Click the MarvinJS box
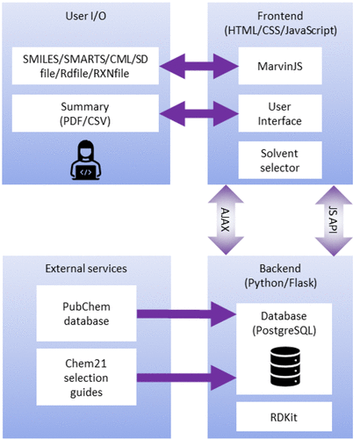coord(280,66)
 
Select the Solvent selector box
coord(280,160)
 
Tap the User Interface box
coord(280,113)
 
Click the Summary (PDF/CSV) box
coord(85,113)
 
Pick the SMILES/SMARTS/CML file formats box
coord(85,66)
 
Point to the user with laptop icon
coord(85,160)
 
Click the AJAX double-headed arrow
coord(226,219)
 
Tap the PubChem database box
coord(86,313)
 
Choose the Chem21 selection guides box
coord(86,377)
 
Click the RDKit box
coord(284,417)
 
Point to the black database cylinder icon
coord(285,366)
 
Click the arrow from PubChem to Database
coord(186,314)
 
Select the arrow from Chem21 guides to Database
coord(186,378)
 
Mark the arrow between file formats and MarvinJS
coord(199,66)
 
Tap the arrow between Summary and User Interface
coord(199,113)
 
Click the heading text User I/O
coord(85,16)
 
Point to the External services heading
coord(86,269)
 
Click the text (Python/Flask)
coord(280,283)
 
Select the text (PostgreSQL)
coord(284,331)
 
